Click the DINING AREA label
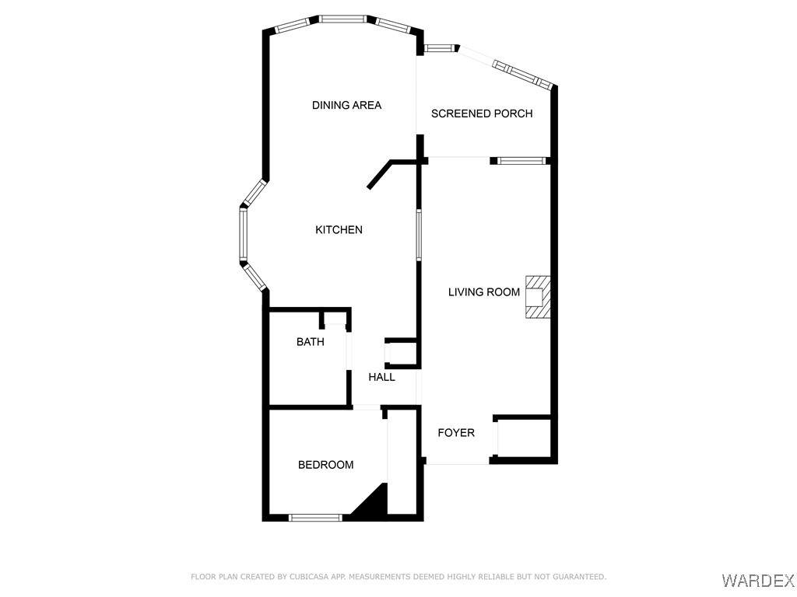[346, 105]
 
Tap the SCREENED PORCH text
[482, 113]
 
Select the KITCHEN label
[339, 230]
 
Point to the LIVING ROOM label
[484, 292]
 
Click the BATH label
[310, 342]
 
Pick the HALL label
[381, 377]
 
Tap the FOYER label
[456, 432]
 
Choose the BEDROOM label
[326, 465]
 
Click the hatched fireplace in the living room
[538, 297]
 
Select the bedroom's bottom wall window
[315, 518]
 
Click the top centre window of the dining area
[343, 19]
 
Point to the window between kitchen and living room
[419, 235]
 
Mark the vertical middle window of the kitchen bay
[243, 235]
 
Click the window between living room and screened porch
[521, 161]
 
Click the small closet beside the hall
[401, 353]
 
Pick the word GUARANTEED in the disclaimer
[578, 577]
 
